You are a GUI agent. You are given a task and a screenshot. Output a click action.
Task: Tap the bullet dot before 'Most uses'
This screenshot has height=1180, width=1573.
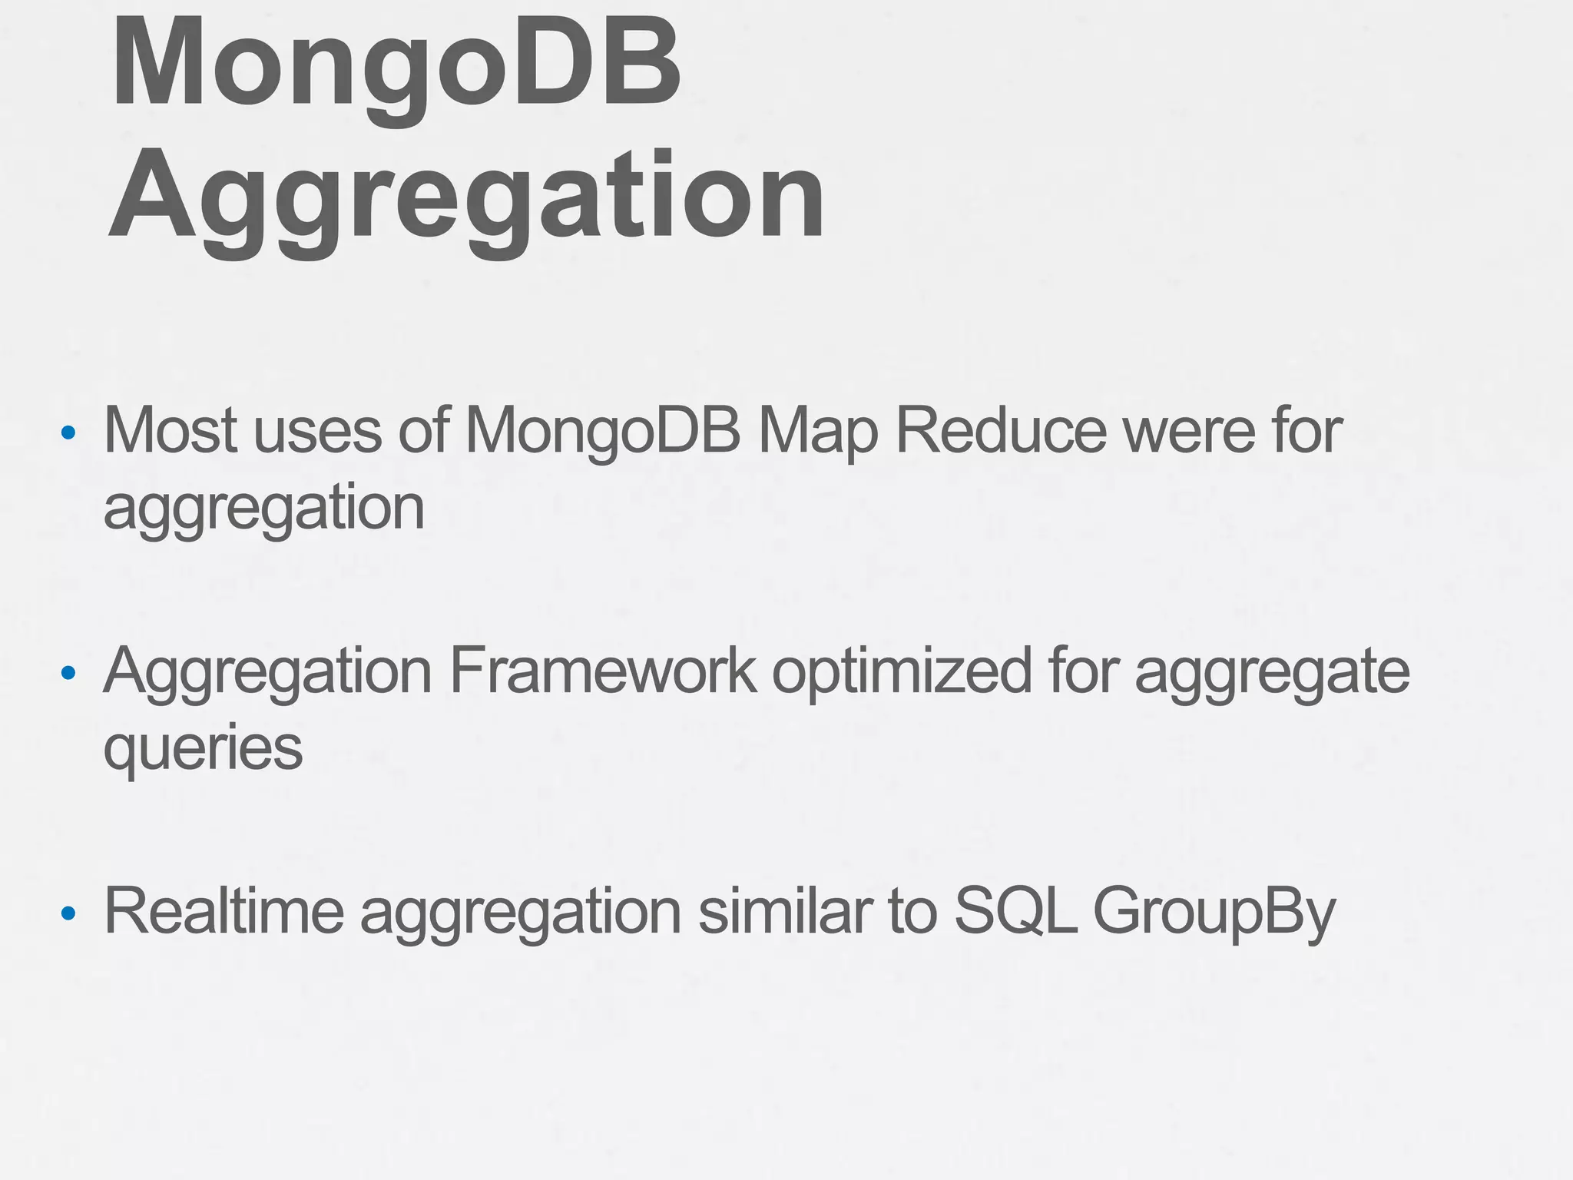pyautogui.click(x=69, y=433)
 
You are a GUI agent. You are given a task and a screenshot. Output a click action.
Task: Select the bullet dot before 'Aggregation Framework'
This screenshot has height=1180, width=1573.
pyautogui.click(x=69, y=673)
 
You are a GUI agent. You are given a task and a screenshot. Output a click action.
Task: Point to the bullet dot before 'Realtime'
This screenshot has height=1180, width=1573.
pyautogui.click(x=69, y=913)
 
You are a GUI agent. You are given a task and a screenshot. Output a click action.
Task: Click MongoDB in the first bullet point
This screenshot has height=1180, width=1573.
pyautogui.click(x=603, y=432)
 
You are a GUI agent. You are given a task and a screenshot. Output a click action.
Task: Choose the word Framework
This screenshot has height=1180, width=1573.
pyautogui.click(x=602, y=671)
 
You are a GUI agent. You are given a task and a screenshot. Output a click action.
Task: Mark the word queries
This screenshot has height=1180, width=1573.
pyautogui.click(x=204, y=749)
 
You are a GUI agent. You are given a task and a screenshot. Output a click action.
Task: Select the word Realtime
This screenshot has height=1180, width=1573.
pyautogui.click(x=224, y=911)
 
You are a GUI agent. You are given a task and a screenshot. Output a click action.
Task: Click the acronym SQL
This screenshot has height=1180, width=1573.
pyautogui.click(x=1015, y=911)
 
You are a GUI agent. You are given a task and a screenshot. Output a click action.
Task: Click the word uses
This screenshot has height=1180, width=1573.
pyautogui.click(x=318, y=432)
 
